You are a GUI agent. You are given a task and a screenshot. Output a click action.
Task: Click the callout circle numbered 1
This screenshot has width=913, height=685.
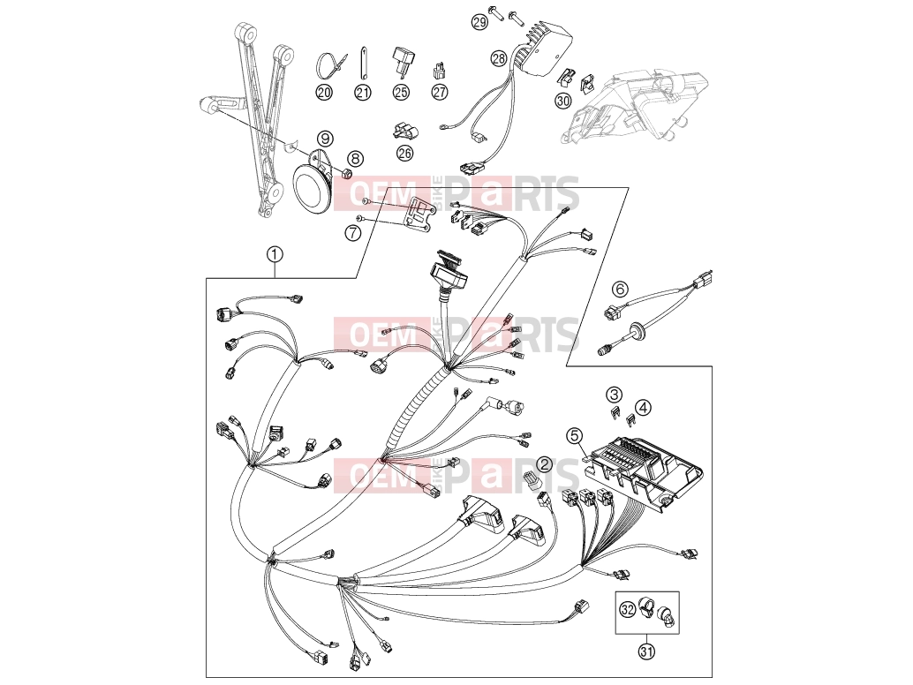coord(275,254)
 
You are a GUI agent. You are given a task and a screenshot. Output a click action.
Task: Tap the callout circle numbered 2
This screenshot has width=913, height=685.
coord(545,463)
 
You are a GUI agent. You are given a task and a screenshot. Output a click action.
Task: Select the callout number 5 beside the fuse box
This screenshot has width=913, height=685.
coord(575,435)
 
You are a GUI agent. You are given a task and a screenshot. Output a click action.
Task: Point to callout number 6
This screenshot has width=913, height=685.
coord(620,289)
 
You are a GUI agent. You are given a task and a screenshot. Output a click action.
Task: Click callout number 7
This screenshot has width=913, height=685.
coord(353,233)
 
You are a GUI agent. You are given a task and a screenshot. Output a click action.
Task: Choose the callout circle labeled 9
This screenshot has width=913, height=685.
coord(325,139)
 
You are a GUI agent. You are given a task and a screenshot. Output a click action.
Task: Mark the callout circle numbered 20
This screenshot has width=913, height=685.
coord(324,92)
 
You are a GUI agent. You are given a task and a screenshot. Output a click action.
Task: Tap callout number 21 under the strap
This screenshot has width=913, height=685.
coord(363,92)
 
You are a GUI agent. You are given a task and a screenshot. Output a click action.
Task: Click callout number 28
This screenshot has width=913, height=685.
coord(499,58)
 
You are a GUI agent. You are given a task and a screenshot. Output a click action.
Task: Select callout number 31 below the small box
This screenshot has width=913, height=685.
coord(646,651)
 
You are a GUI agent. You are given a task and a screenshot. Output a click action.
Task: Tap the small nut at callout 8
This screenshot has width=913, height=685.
coord(345,173)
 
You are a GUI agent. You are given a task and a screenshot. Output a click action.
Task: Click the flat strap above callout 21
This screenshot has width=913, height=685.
coord(362,61)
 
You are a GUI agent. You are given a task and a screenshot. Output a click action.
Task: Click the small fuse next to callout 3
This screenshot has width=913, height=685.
coord(613,413)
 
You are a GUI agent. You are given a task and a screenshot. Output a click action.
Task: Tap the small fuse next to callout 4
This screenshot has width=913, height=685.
coord(630,418)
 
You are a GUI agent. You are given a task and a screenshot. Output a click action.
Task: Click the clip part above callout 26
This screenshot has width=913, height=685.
coord(404,131)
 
